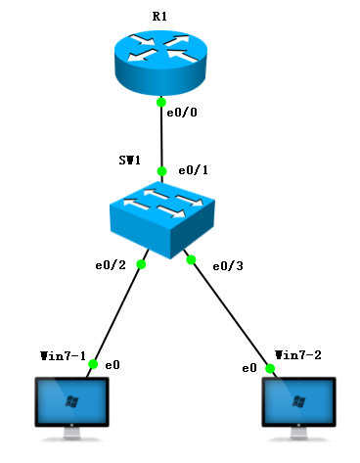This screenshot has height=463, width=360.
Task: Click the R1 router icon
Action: point(160,61)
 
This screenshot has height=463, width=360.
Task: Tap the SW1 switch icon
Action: point(162,218)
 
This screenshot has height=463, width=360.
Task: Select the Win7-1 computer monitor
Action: point(71,407)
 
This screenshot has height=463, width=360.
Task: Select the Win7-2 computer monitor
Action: point(299,407)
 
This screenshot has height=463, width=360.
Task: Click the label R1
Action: point(160,18)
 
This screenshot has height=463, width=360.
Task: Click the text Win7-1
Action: point(64,353)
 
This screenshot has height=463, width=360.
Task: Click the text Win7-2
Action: point(298,353)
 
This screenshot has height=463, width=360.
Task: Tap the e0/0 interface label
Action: point(183,114)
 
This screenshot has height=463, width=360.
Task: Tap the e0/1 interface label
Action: point(194,170)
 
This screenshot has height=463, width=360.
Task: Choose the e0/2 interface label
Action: point(110,265)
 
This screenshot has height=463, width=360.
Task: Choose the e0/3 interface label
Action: point(227,265)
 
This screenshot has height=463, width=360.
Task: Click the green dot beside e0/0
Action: point(160,102)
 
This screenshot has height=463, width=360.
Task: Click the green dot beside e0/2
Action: point(141,264)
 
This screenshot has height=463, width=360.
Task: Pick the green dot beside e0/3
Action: point(192,260)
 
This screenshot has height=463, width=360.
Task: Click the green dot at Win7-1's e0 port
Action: point(93,364)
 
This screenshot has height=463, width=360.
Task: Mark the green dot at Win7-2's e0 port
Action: point(269,368)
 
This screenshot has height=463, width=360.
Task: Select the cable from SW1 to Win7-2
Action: point(231,315)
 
